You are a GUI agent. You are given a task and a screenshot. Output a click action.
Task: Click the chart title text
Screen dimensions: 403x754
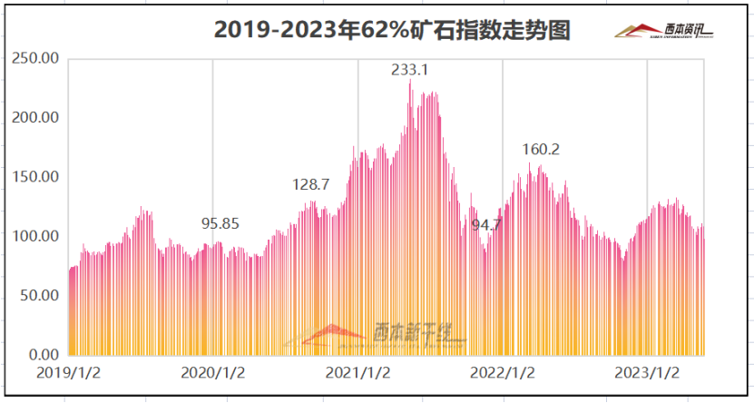coord(391,30)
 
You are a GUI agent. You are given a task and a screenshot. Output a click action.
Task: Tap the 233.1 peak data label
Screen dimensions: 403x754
coord(410,69)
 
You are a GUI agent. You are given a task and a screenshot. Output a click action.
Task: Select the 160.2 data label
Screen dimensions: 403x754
coord(541,149)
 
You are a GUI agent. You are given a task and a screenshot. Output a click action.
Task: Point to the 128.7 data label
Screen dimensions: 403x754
coord(310,184)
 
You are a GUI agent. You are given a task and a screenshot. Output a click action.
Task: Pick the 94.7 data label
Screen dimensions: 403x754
coord(484,224)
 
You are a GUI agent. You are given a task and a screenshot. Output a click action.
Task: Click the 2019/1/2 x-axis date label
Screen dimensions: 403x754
coord(68,372)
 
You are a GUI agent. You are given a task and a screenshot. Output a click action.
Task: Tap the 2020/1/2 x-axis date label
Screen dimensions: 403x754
coord(213,372)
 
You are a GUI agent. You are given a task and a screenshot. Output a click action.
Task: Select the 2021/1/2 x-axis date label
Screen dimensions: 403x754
coord(358,372)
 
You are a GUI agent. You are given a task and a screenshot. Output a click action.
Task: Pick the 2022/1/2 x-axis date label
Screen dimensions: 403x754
coord(503,372)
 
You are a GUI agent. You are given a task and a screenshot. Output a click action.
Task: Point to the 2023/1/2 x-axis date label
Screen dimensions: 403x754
coord(647,372)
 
